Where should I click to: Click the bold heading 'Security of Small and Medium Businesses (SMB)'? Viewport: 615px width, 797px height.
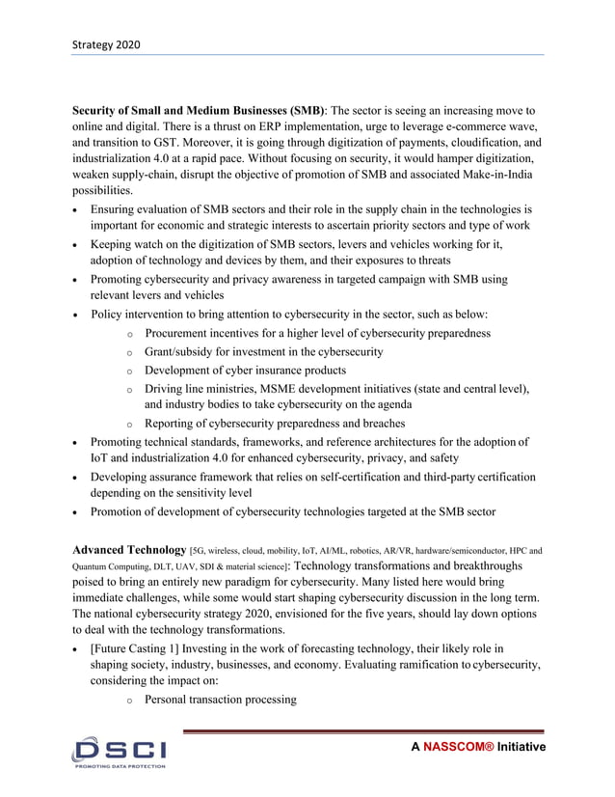pyautogui.click(x=200, y=111)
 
